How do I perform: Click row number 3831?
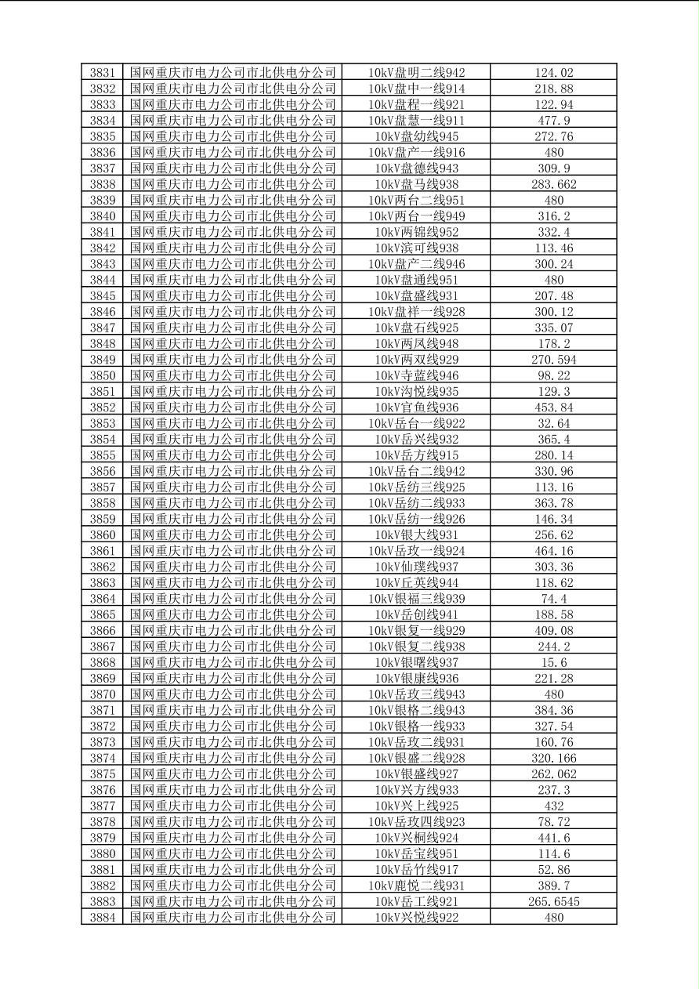pos(102,73)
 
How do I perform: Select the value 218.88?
pos(553,89)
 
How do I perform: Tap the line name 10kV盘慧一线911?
pos(416,121)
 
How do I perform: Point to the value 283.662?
pos(553,184)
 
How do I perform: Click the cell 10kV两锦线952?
pos(416,232)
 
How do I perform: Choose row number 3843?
pos(102,264)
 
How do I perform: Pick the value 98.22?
pos(553,375)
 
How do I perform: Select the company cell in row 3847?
pos(233,328)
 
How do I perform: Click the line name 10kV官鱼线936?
pos(416,408)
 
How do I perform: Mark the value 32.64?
pos(553,423)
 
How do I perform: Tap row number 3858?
pos(102,503)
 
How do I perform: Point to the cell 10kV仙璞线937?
pos(416,567)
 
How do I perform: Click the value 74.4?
pos(553,599)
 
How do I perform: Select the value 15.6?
pos(553,662)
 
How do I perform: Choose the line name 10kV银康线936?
pos(416,679)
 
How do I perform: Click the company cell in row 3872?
pos(233,726)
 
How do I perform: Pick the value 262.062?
pos(553,774)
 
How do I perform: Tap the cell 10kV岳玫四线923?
pos(416,822)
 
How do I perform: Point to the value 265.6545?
pos(553,901)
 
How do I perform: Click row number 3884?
pos(102,918)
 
